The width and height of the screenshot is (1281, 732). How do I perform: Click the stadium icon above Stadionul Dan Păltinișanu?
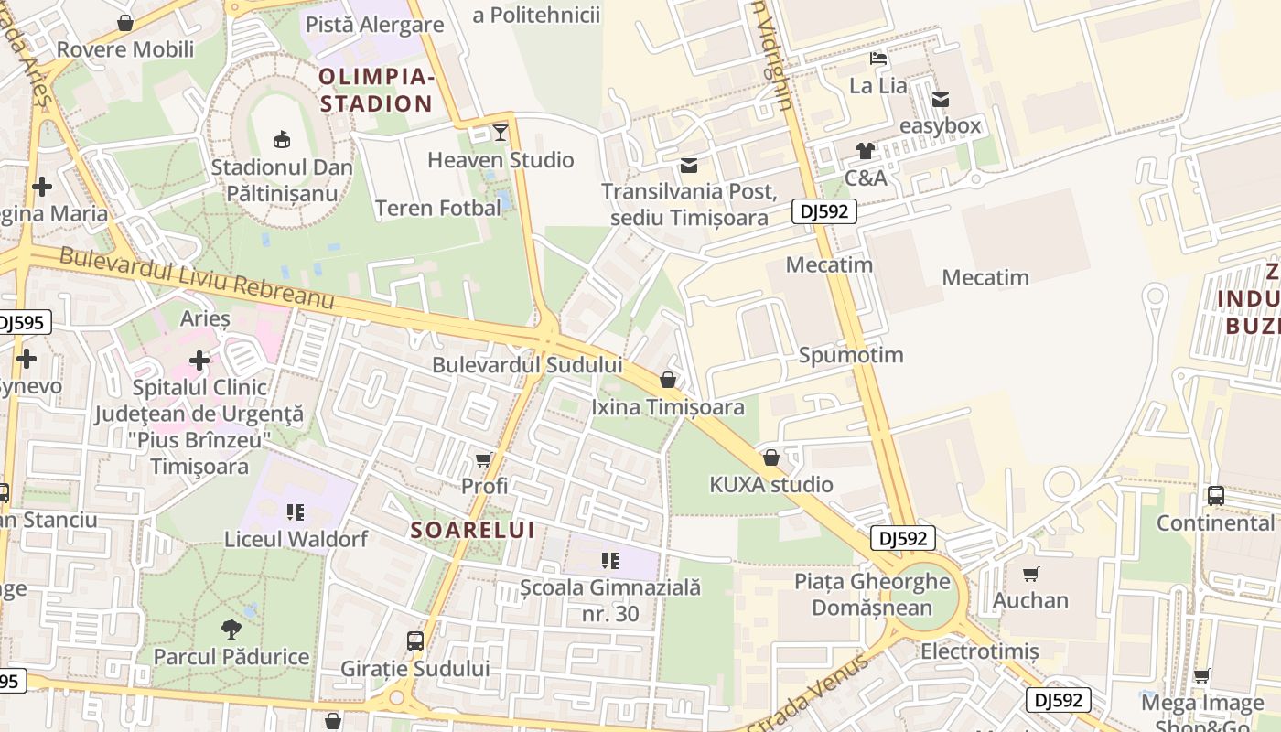(x=281, y=139)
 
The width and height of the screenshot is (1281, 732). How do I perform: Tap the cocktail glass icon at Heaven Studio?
(x=500, y=132)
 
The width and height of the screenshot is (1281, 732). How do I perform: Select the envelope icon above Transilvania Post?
(x=688, y=166)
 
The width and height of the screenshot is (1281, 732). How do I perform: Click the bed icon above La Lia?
(x=878, y=59)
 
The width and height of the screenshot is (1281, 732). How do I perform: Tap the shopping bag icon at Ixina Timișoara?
(x=668, y=380)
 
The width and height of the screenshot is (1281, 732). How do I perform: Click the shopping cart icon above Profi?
(x=484, y=459)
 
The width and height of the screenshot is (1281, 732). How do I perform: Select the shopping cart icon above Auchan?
(x=1031, y=574)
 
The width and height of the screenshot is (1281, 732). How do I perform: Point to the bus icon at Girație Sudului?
(x=415, y=641)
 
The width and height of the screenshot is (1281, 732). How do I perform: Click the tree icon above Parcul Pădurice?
(x=231, y=630)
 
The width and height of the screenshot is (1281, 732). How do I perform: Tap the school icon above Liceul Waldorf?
(x=295, y=511)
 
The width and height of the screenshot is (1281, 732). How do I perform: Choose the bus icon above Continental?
(x=1215, y=496)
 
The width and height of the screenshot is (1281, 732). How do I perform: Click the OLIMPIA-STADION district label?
(x=376, y=90)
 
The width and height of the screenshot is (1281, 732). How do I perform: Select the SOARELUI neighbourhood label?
(x=472, y=530)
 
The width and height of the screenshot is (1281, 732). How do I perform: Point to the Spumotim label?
(x=851, y=355)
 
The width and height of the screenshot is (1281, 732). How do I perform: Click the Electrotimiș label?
(x=980, y=651)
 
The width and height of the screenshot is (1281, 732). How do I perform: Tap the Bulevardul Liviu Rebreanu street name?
(x=197, y=278)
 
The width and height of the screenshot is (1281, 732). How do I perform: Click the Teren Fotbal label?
(x=438, y=208)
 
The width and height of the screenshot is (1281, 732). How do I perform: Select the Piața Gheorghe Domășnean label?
(x=872, y=595)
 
